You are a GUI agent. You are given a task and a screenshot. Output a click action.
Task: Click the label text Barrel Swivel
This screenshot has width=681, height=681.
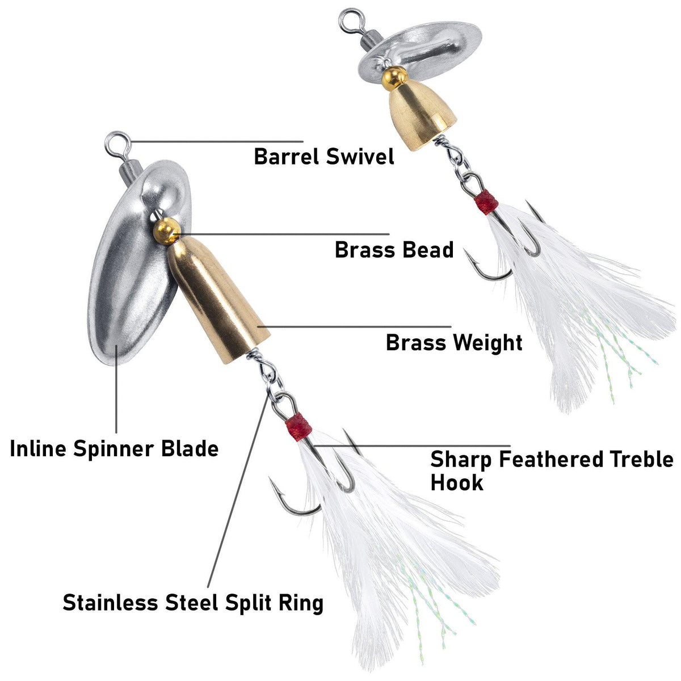point(323,156)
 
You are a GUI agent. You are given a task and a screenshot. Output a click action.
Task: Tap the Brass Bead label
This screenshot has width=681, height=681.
point(394,250)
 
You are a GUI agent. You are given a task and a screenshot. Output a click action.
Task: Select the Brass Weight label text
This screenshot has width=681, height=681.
point(454,343)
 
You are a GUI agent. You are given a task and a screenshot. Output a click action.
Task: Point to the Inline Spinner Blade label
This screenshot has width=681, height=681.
point(114,449)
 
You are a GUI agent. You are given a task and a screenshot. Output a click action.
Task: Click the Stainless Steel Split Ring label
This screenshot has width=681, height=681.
point(193,603)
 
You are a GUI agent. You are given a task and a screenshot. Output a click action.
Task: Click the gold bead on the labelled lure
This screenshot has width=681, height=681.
point(166,230)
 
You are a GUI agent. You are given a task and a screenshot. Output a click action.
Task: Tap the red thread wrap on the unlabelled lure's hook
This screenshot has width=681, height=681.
point(487,202)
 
